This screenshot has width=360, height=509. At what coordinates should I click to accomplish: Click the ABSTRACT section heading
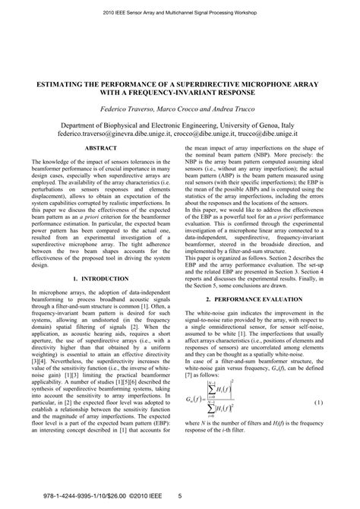tap(101, 149)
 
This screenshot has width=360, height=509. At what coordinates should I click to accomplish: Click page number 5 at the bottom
tap(179, 498)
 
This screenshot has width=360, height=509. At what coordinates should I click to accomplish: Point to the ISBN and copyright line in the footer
tap(85, 498)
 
